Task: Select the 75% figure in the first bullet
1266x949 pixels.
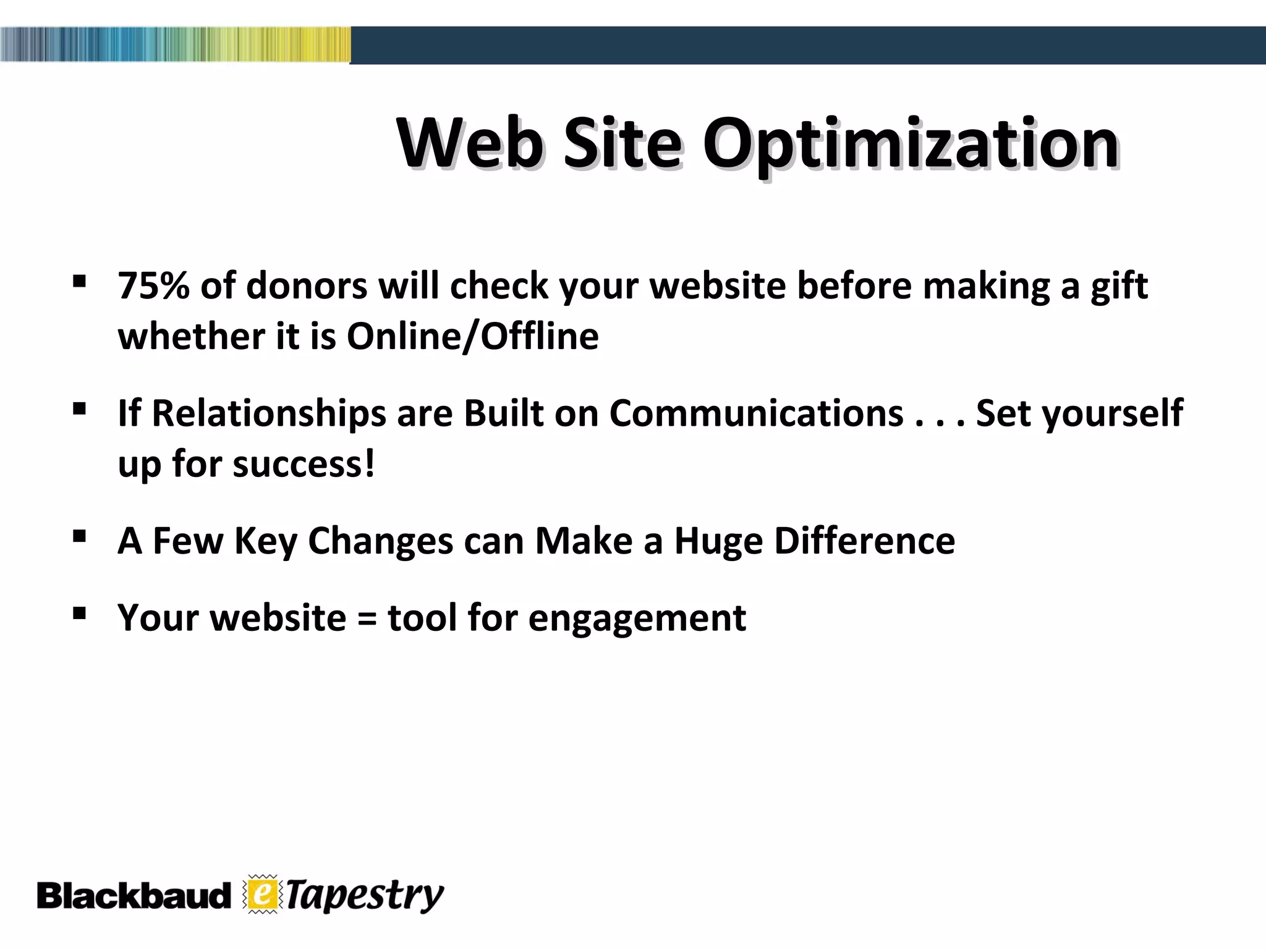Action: [153, 286]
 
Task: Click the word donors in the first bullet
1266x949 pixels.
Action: [307, 286]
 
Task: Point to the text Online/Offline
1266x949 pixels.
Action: [472, 337]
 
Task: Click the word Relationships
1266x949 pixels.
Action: [268, 413]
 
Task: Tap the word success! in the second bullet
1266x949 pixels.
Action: [304, 464]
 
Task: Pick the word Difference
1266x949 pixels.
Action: [864, 541]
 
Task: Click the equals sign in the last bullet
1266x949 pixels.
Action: [367, 618]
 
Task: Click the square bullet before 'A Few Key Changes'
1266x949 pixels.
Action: [79, 536]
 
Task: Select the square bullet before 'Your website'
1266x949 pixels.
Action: [79, 613]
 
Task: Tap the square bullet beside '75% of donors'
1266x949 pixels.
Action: [79, 282]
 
